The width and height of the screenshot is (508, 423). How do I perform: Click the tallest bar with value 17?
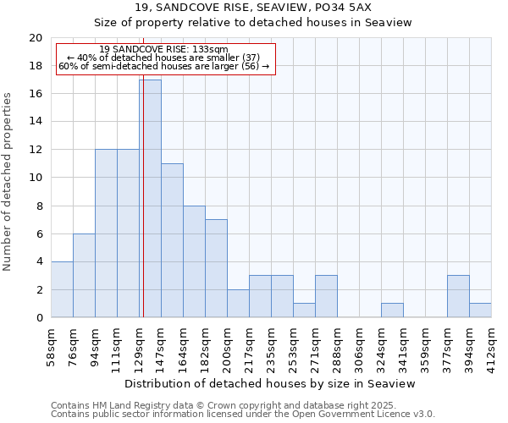150,199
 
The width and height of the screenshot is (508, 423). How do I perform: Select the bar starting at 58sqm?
62,289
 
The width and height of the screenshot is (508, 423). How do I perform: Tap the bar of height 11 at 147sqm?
172,240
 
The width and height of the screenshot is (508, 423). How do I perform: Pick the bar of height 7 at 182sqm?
216,268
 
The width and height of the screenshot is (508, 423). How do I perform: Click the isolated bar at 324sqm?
392,310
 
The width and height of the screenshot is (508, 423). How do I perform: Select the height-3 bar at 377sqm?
458,296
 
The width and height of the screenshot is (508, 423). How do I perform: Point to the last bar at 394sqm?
480,310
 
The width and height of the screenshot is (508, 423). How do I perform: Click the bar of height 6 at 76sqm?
84,275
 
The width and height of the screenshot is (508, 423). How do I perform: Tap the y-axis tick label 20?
35,38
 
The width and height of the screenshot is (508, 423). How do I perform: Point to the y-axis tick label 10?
35,178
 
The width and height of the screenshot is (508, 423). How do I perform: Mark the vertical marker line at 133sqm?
143,211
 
